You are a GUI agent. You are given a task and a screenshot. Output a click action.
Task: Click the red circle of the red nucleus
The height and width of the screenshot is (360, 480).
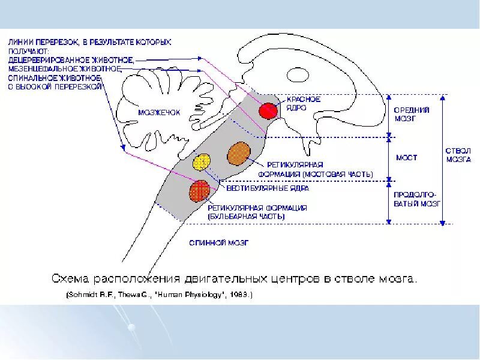pos(268,110)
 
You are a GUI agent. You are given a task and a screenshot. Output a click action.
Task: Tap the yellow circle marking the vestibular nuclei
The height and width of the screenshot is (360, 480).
pos(202,162)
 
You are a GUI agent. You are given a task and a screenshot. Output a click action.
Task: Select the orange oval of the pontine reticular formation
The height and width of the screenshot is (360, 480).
pos(239,153)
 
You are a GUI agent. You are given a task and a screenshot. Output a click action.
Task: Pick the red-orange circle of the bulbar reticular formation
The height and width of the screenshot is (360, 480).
pos(199,191)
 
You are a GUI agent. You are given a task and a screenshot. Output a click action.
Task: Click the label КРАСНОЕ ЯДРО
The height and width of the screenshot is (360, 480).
pos(303,103)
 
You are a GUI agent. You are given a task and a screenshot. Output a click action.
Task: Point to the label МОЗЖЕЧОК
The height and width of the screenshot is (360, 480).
pos(159,112)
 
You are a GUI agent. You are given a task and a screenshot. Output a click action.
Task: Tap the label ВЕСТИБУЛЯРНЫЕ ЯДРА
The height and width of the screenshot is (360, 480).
pos(267,187)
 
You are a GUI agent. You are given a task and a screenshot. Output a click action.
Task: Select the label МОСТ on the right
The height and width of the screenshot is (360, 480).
pos(406,158)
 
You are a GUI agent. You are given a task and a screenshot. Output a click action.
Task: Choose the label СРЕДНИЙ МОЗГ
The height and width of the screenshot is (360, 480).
pos(411,114)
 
